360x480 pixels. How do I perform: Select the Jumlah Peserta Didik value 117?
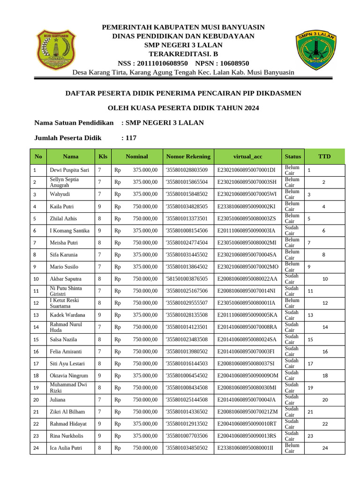(x=129, y=138)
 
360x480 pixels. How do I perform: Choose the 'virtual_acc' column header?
(x=246, y=157)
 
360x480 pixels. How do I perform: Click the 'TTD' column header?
(x=324, y=157)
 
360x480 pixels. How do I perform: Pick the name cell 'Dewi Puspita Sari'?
(x=69, y=170)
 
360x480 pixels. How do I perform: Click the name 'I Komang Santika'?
(x=69, y=231)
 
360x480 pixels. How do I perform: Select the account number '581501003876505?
(x=187, y=279)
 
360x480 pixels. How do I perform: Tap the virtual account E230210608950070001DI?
(x=247, y=170)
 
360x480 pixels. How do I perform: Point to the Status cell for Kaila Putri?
(x=292, y=206)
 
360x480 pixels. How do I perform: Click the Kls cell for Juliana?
(x=99, y=399)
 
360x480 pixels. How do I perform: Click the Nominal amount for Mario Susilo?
(x=136, y=267)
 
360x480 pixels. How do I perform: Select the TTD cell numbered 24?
(x=325, y=448)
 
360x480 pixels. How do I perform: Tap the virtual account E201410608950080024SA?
(x=247, y=339)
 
